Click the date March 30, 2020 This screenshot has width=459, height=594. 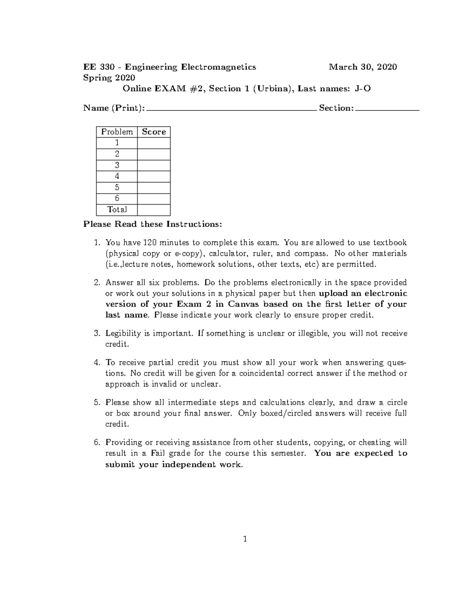[363, 67]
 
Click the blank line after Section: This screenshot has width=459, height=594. [387, 109]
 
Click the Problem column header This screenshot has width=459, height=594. [117, 132]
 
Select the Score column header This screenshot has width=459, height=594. [154, 132]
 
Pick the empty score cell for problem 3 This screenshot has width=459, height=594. [154, 165]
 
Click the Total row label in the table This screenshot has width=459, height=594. [117, 210]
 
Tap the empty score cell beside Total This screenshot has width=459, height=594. [154, 210]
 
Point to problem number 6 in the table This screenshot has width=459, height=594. [117, 199]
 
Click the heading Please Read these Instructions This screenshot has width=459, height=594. [152, 224]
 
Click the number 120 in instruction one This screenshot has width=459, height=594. [150, 243]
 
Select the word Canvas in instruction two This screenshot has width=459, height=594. [243, 304]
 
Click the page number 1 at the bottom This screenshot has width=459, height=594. [245, 540]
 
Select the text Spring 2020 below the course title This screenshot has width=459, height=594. [109, 78]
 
